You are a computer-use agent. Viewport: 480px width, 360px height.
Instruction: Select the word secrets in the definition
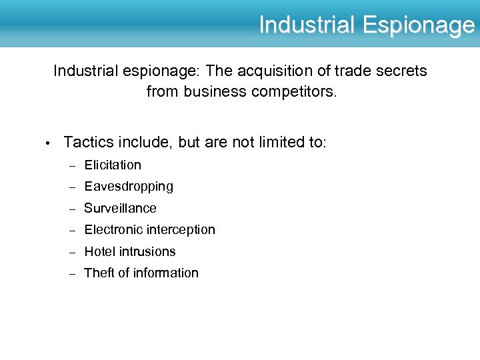point(401,71)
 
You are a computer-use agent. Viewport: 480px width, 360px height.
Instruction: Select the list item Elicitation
point(113,165)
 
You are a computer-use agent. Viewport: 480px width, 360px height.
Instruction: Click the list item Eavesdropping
point(129,187)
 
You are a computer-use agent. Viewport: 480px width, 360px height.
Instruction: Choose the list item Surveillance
point(120,208)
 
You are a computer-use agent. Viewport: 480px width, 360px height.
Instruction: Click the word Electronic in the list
point(113,229)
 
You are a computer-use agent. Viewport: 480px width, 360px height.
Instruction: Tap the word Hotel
point(99,251)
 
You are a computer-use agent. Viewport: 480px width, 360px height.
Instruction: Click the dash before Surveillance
point(71,209)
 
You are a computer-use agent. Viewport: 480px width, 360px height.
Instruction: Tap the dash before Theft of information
point(71,273)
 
